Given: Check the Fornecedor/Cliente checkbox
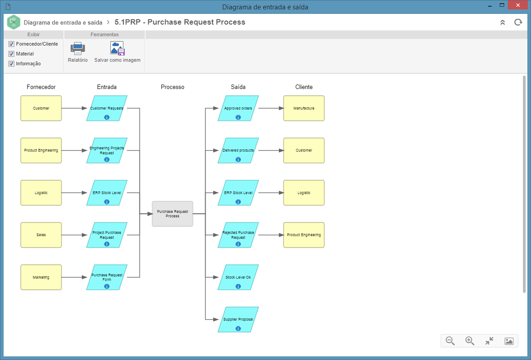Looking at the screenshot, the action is (x=12, y=44).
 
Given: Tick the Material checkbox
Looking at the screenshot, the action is (x=12, y=54).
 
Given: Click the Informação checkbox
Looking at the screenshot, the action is (x=12, y=64).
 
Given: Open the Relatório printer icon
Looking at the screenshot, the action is (x=78, y=48).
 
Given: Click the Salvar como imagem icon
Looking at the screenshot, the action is (x=118, y=48).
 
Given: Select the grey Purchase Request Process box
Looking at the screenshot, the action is (x=173, y=214).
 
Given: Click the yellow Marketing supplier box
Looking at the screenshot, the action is (x=41, y=277).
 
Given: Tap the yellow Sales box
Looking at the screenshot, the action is (x=41, y=235).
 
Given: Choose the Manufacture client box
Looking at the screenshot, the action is (x=304, y=108).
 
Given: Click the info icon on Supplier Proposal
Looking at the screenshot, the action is (x=238, y=329).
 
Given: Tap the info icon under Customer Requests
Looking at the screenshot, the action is (x=107, y=117).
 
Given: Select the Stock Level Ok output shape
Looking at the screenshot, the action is (x=238, y=277).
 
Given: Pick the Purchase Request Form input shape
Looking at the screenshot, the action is (x=107, y=277).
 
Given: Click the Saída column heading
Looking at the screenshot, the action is (x=238, y=87).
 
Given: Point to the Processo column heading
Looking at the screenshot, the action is (x=173, y=87).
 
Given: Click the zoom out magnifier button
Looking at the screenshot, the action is (x=450, y=341).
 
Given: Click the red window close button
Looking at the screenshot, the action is (x=518, y=5).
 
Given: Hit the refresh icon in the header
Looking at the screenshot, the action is (x=518, y=22).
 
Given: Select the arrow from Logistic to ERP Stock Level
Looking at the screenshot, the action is (x=74, y=193).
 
